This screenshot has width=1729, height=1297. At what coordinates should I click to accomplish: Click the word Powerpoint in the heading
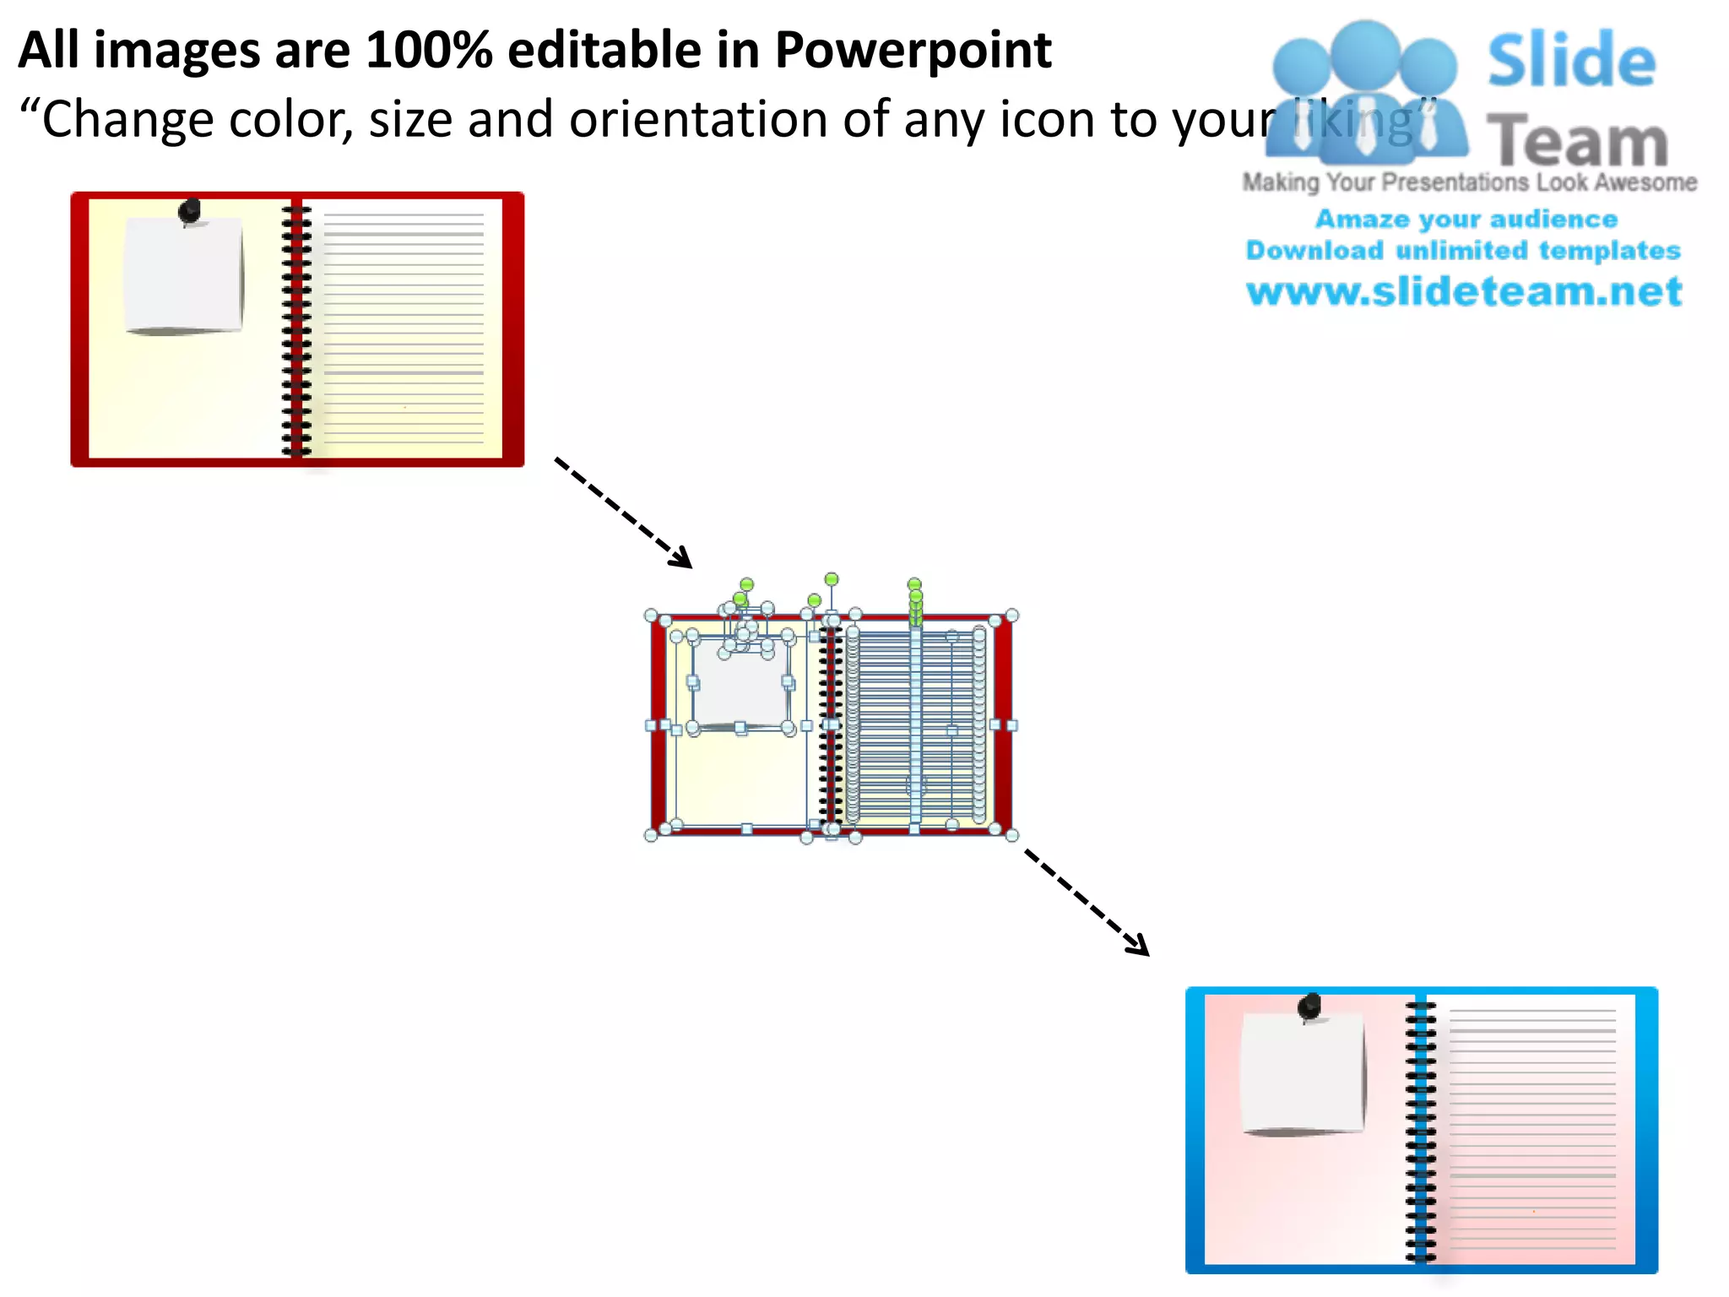[913, 51]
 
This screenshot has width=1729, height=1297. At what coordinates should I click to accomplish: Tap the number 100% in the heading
[429, 51]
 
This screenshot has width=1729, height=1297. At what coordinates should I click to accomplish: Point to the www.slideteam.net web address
[1464, 291]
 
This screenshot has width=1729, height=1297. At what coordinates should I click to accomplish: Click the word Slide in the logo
[1571, 61]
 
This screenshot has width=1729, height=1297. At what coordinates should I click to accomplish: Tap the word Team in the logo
[1577, 141]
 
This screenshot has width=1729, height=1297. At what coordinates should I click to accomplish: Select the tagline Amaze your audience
[1466, 219]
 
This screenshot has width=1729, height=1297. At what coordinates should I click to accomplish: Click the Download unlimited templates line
[1463, 250]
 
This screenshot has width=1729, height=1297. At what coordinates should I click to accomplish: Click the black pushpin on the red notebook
[191, 211]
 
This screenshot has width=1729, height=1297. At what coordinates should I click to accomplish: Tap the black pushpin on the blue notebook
[1309, 1006]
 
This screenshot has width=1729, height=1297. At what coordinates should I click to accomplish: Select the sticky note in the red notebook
[183, 275]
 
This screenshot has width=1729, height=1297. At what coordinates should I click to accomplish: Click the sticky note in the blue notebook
[1303, 1072]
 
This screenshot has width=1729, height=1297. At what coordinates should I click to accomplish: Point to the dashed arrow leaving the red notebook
[623, 513]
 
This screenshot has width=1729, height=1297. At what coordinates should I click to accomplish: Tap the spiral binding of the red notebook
[295, 329]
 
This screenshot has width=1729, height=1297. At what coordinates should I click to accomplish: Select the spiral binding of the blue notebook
[1420, 1131]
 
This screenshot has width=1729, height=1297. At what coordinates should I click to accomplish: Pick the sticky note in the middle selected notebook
[740, 684]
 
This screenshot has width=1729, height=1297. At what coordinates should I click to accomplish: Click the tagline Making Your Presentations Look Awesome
[1469, 182]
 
